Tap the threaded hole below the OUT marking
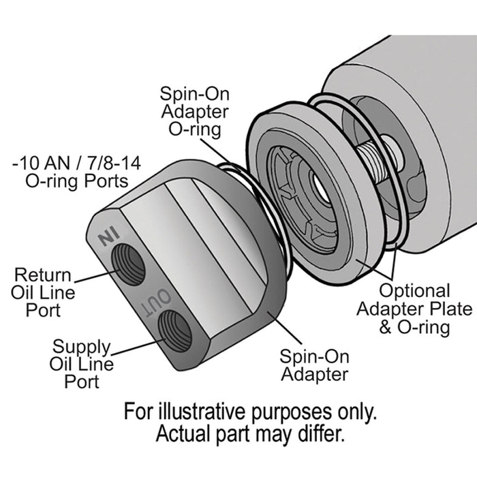pyautogui.click(x=176, y=331)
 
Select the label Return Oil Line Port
pyautogui.click(x=43, y=292)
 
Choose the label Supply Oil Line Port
pyautogui.click(x=82, y=364)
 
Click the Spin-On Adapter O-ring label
pyautogui.click(x=195, y=112)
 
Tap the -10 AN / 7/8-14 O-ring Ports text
pyautogui.click(x=76, y=172)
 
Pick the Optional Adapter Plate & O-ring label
pyautogui.click(x=414, y=309)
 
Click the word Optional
pyautogui.click(x=414, y=291)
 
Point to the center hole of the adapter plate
pyautogui.click(x=320, y=189)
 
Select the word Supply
pyautogui.click(x=81, y=347)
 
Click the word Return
pyautogui.click(x=42, y=275)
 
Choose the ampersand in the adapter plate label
pyautogui.click(x=385, y=328)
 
